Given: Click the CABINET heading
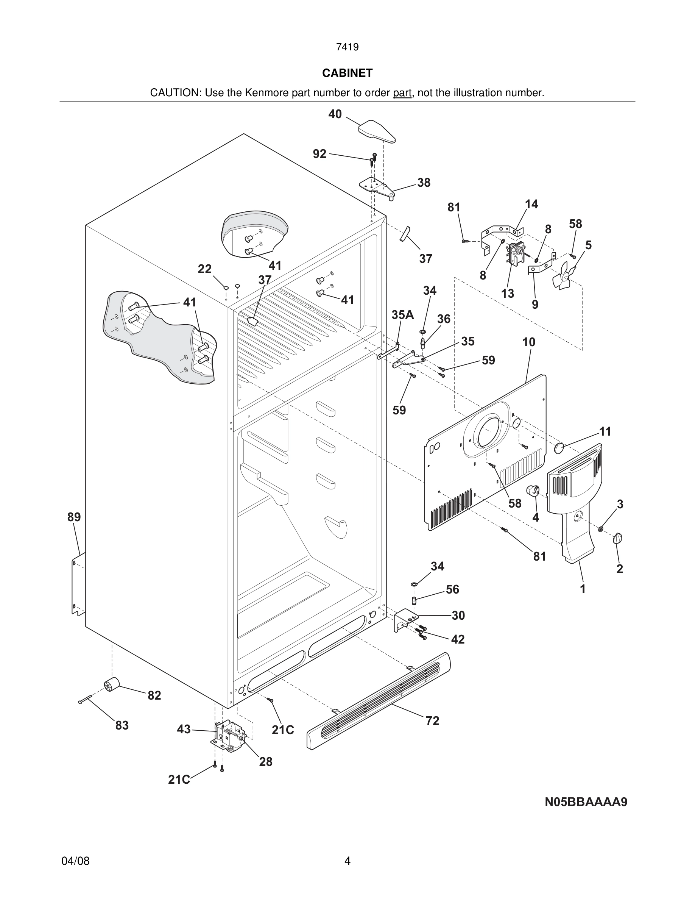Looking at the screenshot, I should click(x=347, y=73).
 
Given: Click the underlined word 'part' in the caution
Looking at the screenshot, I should click(x=402, y=93).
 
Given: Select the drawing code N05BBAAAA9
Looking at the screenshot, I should click(x=586, y=802).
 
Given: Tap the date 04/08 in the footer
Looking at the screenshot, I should click(x=75, y=861).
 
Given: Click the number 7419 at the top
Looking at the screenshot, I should click(x=347, y=47).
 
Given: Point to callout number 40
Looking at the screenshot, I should click(x=335, y=114).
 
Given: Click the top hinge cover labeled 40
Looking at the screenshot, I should click(x=377, y=131).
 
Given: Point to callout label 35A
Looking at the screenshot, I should click(x=402, y=315).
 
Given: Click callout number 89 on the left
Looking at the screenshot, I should click(x=74, y=517).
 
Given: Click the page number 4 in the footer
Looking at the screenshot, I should click(x=347, y=861).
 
